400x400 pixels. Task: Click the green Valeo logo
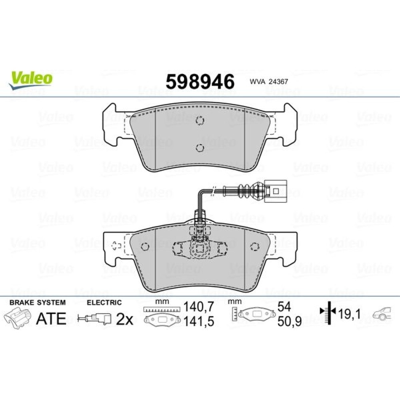point(31,80)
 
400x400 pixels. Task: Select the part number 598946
point(200,82)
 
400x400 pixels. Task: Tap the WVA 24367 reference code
point(269,82)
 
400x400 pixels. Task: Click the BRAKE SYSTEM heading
point(38,302)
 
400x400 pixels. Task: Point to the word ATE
point(51,319)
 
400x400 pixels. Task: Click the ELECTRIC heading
point(104,302)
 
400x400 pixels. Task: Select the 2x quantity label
point(124,319)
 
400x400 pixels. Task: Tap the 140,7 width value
point(199,307)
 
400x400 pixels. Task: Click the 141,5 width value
point(199,322)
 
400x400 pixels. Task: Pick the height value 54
point(284,307)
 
